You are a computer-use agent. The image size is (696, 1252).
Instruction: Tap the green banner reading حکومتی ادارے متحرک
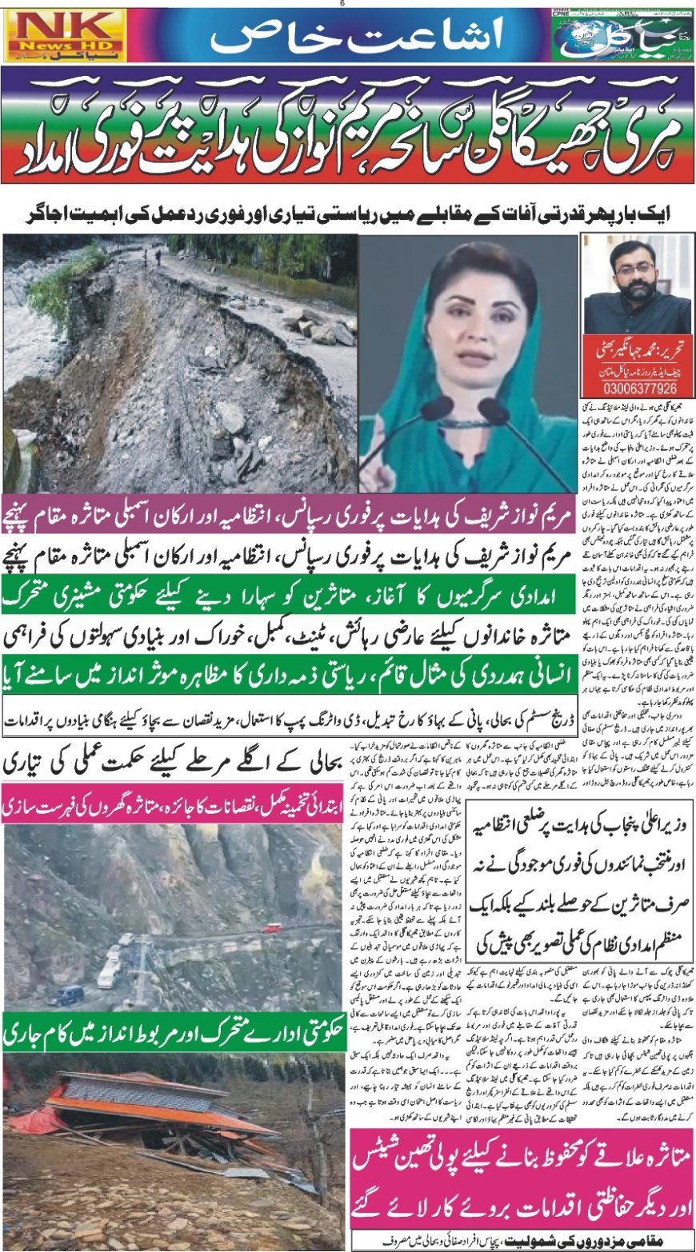click(172, 1033)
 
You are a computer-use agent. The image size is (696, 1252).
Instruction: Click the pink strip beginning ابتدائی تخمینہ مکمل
click(172, 805)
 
